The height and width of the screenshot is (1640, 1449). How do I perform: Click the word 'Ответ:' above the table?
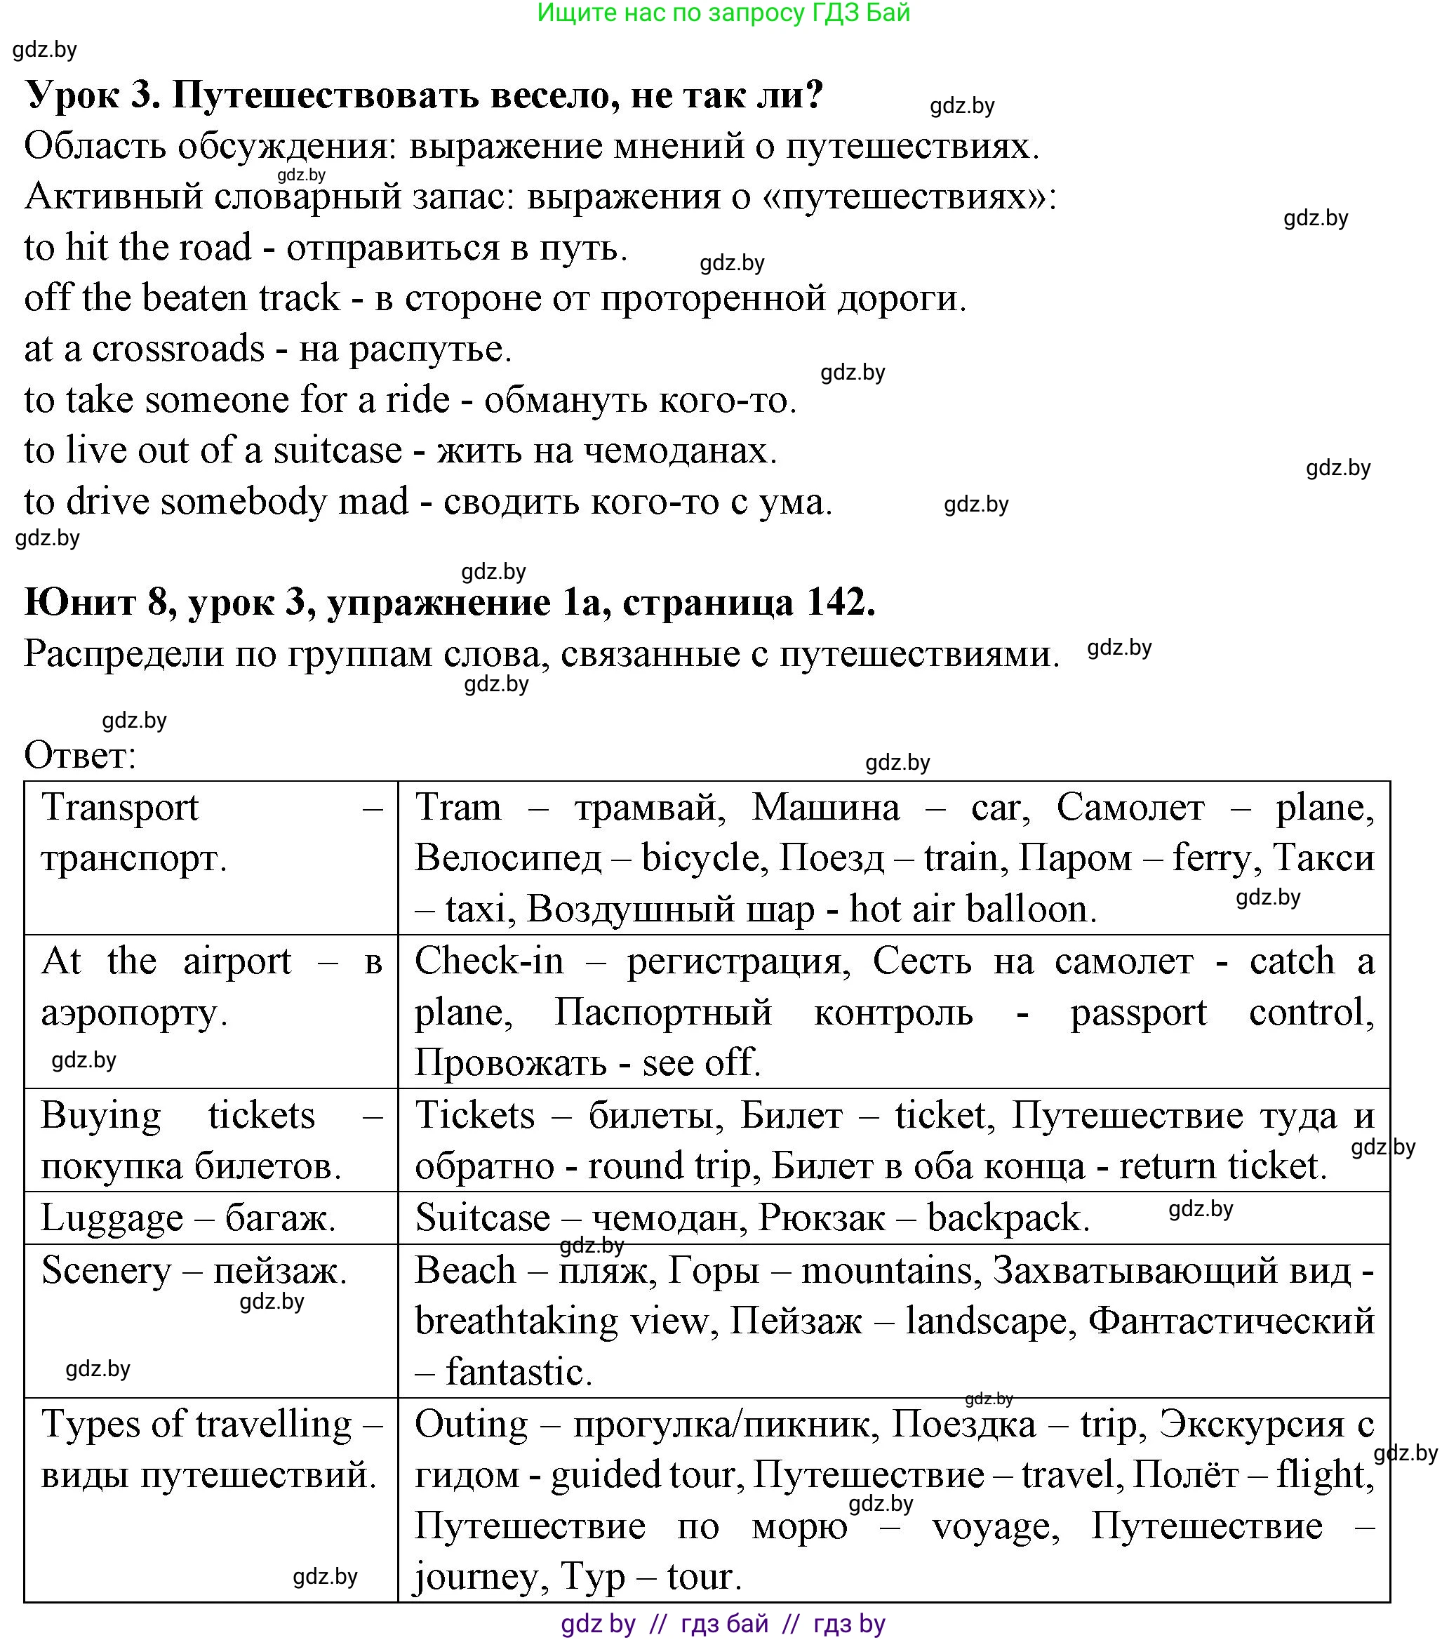point(80,756)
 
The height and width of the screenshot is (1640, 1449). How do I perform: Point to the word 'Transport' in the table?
point(119,808)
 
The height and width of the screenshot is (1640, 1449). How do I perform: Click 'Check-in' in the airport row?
point(488,962)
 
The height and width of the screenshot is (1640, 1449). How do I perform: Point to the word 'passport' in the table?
point(1137,1013)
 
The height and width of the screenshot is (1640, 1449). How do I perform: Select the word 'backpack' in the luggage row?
point(1007,1219)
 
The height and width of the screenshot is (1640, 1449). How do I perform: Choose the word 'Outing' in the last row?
point(471,1426)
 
